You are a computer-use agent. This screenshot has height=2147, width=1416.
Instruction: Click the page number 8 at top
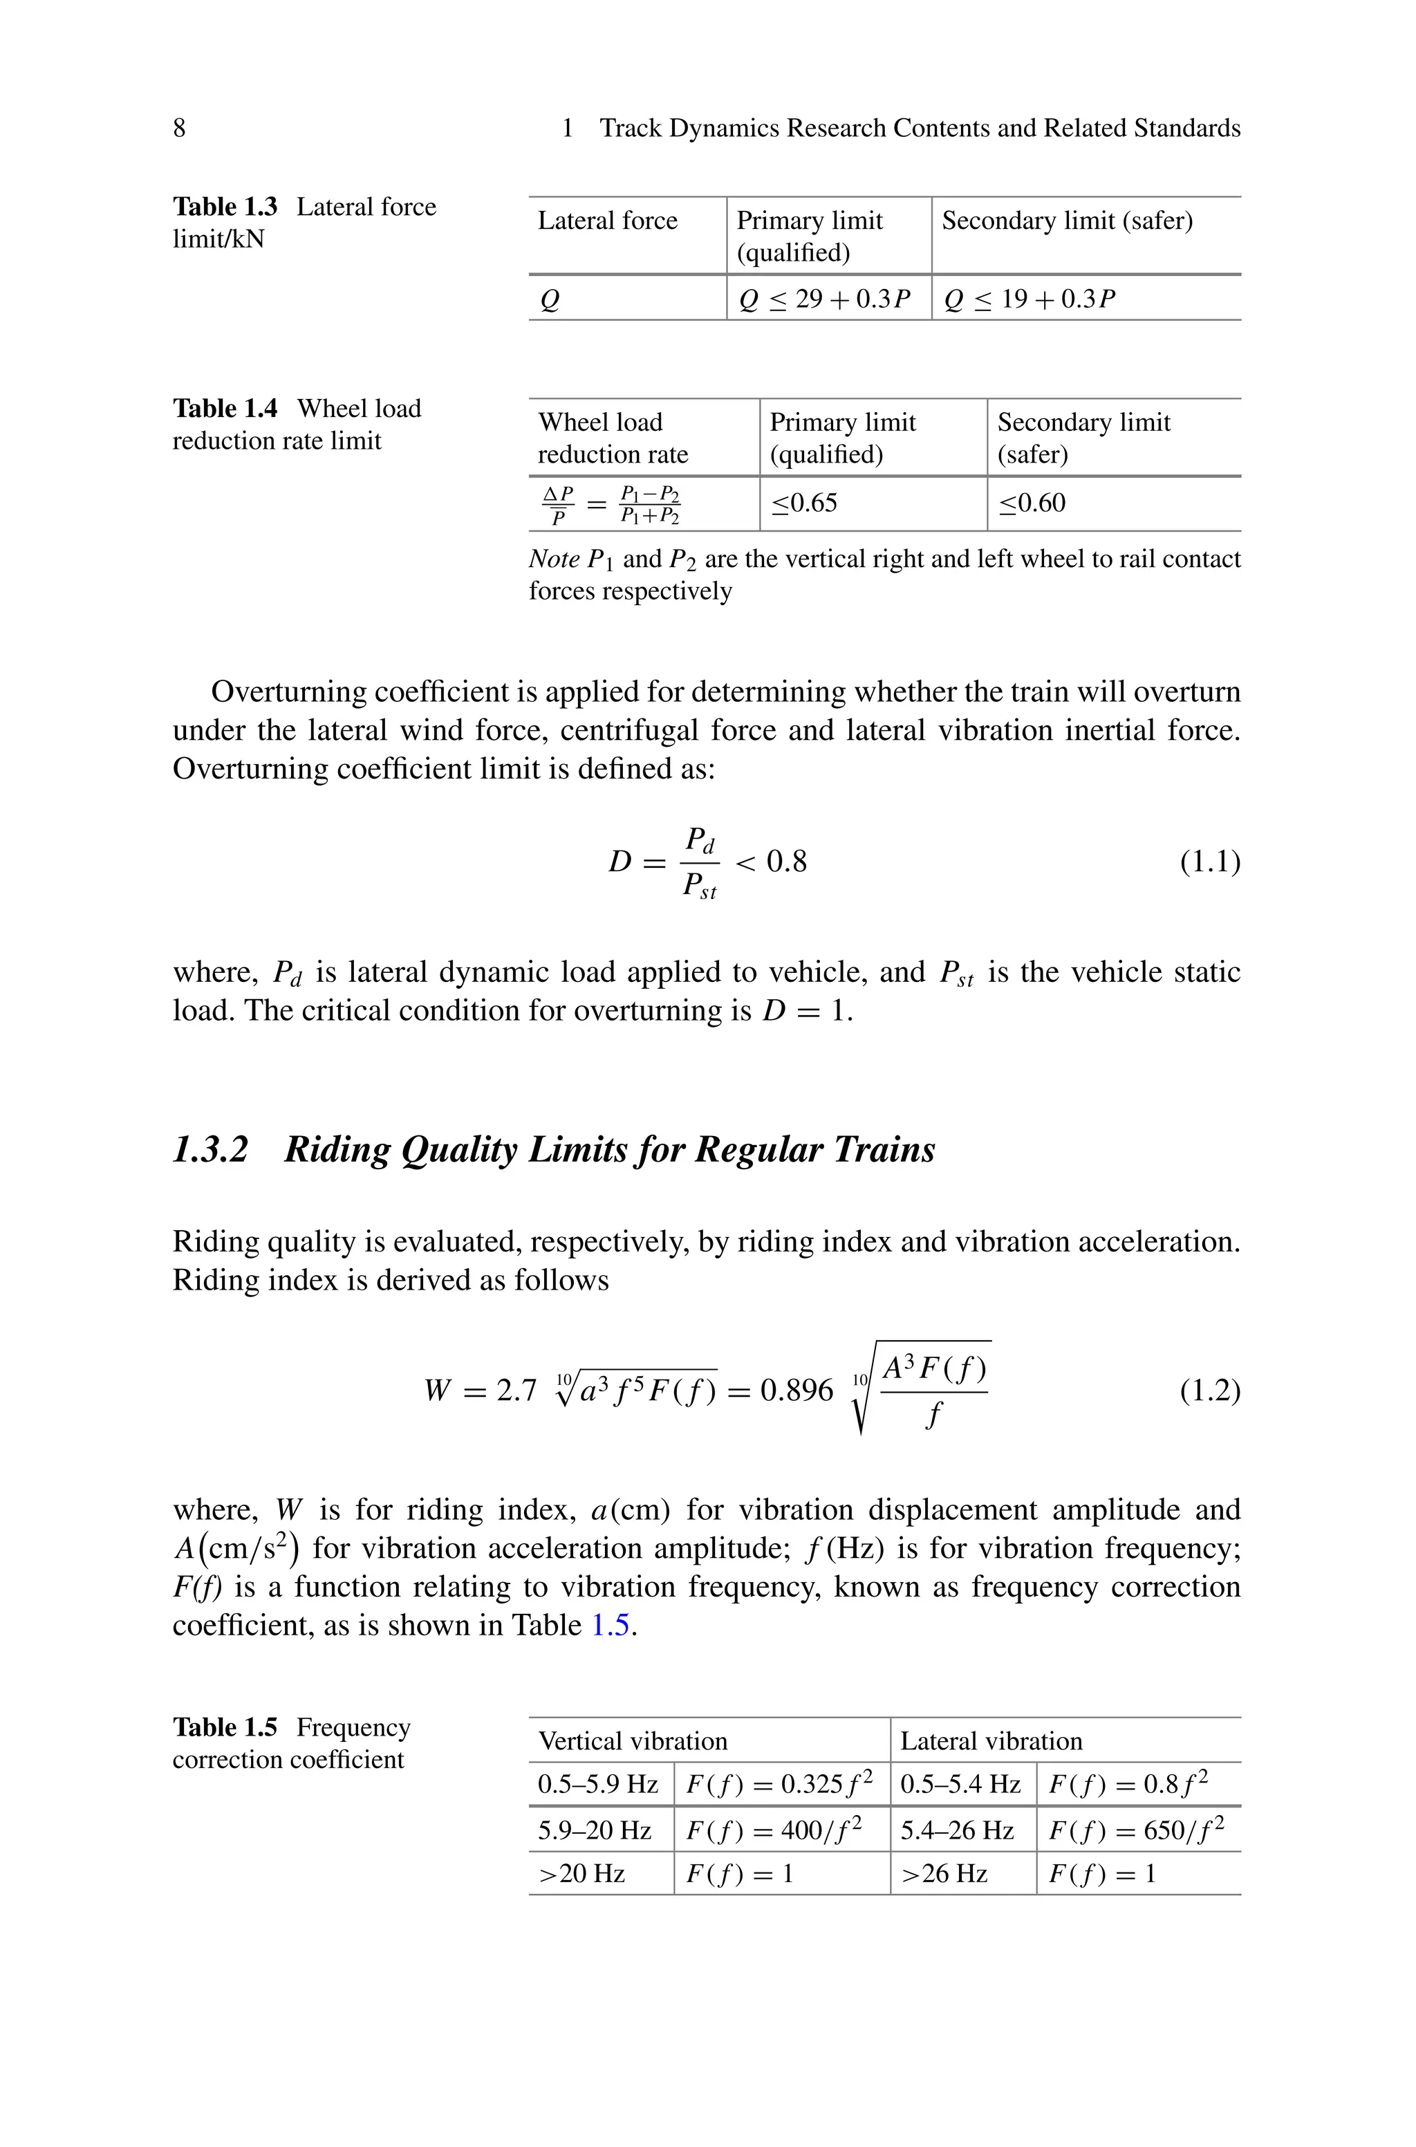click(x=179, y=128)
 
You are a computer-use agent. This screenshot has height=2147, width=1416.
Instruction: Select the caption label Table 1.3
click(x=225, y=207)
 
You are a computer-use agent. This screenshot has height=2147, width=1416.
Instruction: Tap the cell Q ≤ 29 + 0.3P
click(x=824, y=299)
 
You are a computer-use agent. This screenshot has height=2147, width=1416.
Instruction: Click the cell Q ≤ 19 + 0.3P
click(x=1030, y=299)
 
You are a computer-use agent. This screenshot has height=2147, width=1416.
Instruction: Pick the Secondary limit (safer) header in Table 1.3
click(x=1067, y=221)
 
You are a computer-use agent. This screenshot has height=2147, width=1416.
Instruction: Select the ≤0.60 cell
click(x=1032, y=503)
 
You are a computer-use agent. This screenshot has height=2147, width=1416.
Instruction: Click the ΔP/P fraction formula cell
click(x=611, y=505)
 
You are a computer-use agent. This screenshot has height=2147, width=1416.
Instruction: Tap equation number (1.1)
click(x=1210, y=862)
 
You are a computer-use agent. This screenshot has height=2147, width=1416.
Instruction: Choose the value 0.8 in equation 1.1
click(x=787, y=862)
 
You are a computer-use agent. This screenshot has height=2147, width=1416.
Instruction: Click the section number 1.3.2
click(x=209, y=1149)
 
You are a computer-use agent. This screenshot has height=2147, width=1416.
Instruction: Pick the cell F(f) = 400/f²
click(x=774, y=1830)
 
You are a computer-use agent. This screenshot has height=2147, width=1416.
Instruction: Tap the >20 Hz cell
click(x=581, y=1875)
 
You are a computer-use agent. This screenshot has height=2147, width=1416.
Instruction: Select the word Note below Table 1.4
click(x=554, y=560)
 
